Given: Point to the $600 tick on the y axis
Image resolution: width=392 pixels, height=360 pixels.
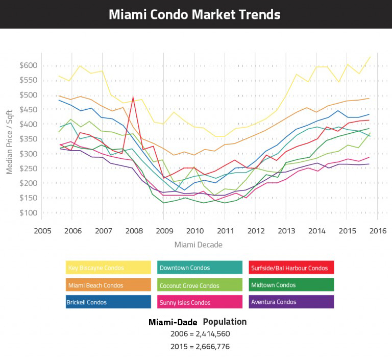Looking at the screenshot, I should click(x=29, y=65).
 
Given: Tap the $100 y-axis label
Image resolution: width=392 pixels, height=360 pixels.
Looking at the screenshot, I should click(x=29, y=212).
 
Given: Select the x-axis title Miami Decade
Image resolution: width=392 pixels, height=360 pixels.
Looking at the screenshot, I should click(x=198, y=245).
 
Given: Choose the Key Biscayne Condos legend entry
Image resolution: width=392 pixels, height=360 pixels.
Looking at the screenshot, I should click(x=109, y=268).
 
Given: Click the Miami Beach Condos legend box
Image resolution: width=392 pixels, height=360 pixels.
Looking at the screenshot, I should click(x=109, y=285).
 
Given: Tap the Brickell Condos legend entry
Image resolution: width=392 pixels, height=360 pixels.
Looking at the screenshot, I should click(x=109, y=302).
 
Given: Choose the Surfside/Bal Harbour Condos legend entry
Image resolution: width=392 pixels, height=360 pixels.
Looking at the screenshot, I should click(x=291, y=268).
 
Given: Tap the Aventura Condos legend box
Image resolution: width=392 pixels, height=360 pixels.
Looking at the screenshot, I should click(x=291, y=302).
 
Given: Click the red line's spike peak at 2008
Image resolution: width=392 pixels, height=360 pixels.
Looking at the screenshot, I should click(x=133, y=97).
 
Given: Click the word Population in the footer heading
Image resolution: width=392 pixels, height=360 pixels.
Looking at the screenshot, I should click(x=225, y=322).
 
